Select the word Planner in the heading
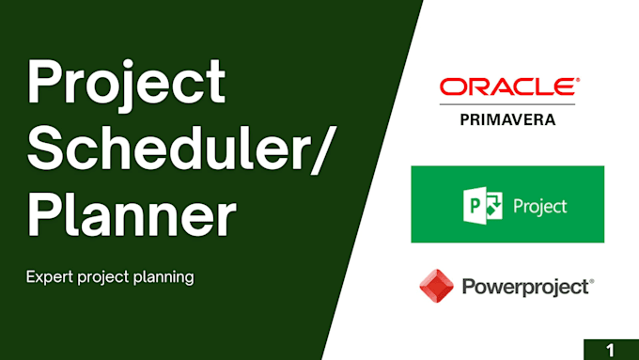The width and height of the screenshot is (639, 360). click(131, 218)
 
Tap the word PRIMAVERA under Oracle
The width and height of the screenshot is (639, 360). click(507, 119)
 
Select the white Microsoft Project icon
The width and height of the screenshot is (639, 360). click(478, 205)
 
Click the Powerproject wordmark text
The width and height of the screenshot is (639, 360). click(525, 286)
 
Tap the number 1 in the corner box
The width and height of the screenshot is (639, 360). click(610, 350)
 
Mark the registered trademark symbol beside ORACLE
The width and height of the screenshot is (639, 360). click(576, 81)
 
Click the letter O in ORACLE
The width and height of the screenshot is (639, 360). click(453, 88)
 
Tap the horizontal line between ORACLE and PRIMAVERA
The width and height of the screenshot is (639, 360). click(507, 105)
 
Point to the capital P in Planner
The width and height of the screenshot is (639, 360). click(45, 218)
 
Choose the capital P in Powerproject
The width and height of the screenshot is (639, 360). click(469, 286)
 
